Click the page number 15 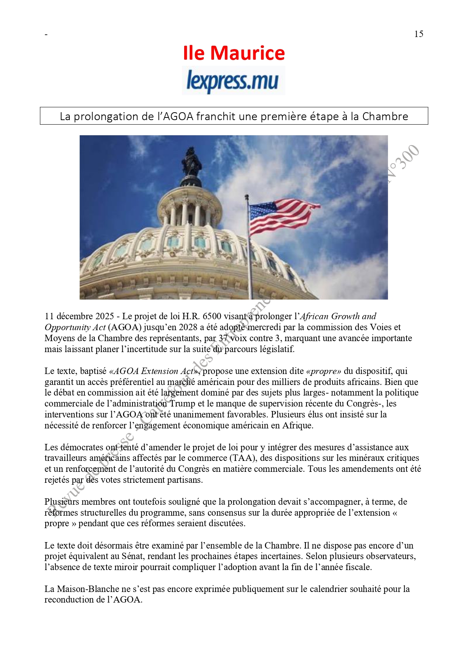coord(419,34)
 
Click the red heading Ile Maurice coord(234,53)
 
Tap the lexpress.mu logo coord(233,80)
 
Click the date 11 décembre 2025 coord(79,316)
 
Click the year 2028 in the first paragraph coord(188,327)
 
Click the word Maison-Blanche coord(88,589)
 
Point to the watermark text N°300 coord(403,163)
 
